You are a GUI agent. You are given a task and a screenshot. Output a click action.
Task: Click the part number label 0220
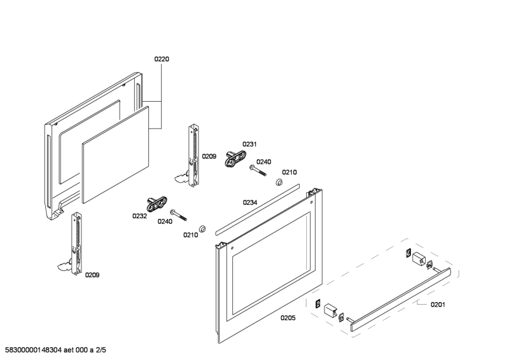[x=162, y=59]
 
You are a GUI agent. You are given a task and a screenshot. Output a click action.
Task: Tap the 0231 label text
[x=249, y=144]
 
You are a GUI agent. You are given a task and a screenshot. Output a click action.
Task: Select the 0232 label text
[x=139, y=216]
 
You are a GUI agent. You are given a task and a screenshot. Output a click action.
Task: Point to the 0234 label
[x=249, y=202]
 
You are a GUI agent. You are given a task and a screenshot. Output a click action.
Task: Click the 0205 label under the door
[x=288, y=317]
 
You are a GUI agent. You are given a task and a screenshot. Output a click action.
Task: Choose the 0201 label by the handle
[x=438, y=304]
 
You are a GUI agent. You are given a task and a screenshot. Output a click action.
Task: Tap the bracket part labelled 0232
[x=157, y=204]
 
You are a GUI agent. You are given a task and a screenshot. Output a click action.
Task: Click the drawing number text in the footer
[x=55, y=350]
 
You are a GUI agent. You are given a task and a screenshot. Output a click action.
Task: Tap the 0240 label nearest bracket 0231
[x=263, y=162]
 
